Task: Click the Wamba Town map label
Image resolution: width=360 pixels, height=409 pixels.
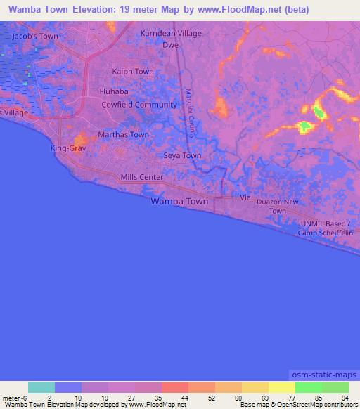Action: (179, 201)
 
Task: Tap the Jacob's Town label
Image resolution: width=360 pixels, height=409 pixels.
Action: (35, 35)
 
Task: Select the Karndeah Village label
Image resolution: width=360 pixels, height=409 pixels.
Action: (170, 33)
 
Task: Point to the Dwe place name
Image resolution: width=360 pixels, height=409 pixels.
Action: (170, 44)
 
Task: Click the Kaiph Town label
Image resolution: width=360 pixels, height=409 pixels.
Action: (133, 72)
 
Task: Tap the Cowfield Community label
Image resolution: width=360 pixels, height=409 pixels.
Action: (139, 105)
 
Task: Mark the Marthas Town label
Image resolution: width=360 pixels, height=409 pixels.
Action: (123, 134)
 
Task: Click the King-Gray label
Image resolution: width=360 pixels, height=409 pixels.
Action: (67, 148)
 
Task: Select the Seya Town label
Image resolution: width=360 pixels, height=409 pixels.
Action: (182, 155)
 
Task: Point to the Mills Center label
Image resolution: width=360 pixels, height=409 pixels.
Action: (142, 178)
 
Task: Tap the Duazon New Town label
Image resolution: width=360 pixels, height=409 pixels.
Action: (278, 206)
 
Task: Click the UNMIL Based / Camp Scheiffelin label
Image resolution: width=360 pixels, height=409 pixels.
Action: (328, 227)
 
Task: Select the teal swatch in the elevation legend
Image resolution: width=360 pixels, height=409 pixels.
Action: (41, 387)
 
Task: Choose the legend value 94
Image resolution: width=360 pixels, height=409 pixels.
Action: (344, 397)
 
